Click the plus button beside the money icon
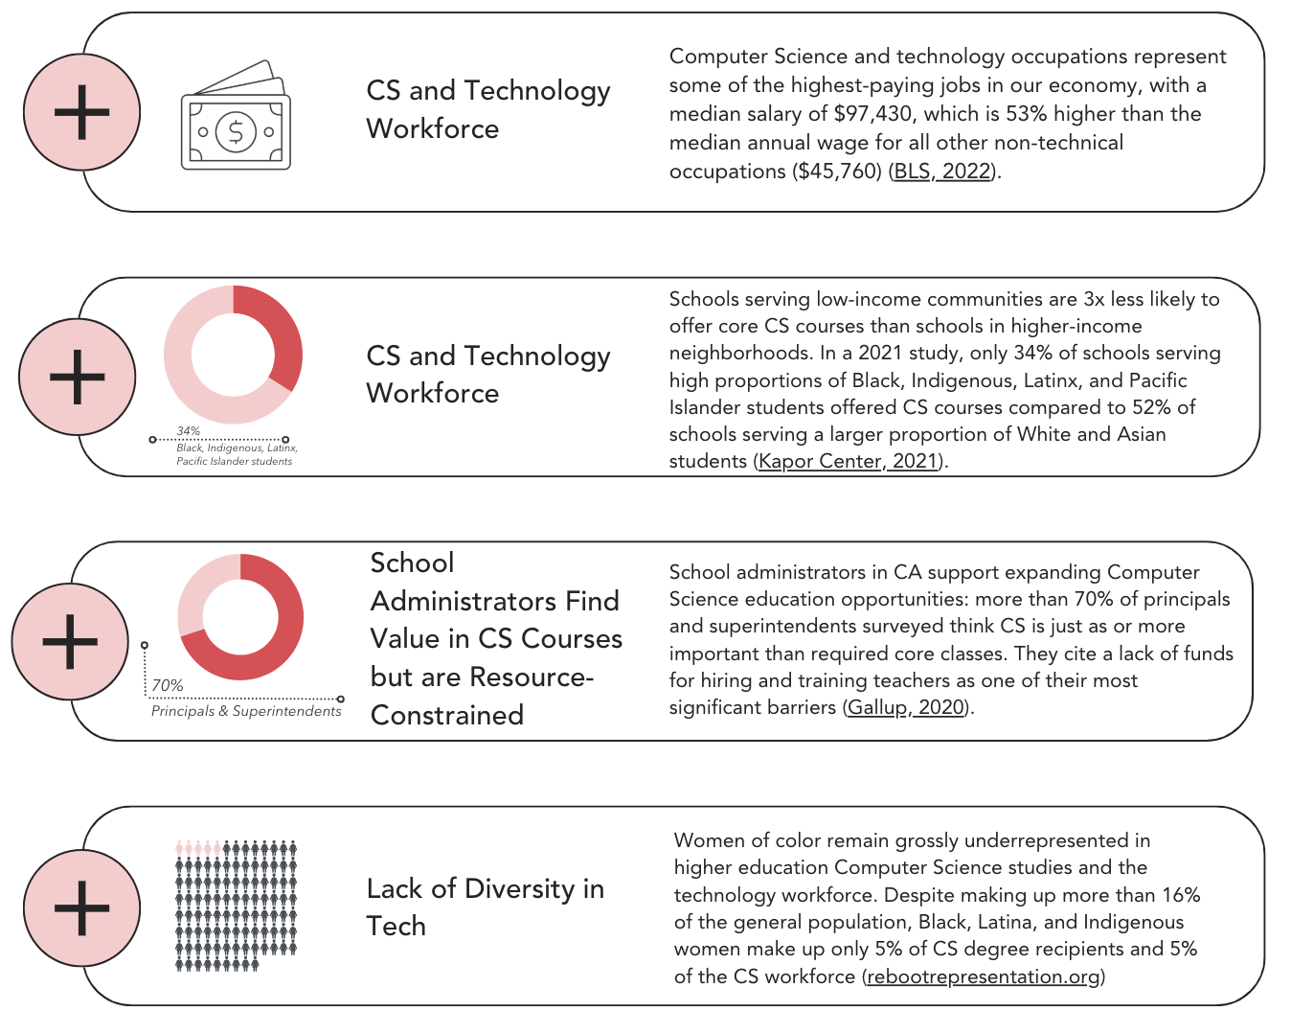pos(81,112)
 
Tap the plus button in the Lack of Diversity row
pos(81,907)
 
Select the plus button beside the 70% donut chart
pos(70,641)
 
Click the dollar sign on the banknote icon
pos(236,130)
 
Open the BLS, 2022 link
pos(941,172)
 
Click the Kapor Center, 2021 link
pos(847,461)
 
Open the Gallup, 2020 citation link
pos(905,707)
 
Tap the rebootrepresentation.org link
pos(983,976)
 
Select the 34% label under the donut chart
pos(189,431)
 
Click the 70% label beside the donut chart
pos(168,685)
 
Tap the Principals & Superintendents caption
pos(246,711)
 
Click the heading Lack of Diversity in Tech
pos(485,907)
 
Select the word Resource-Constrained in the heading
pos(482,696)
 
